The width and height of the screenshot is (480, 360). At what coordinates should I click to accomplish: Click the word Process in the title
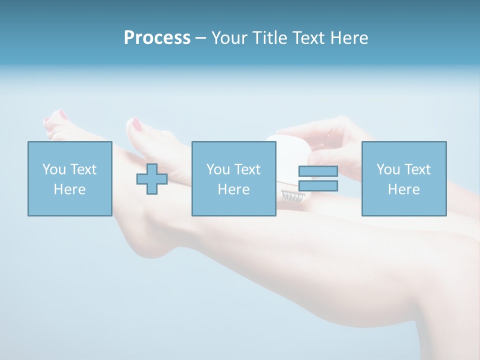pyautogui.click(x=157, y=38)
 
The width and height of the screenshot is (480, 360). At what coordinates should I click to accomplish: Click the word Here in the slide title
pyautogui.click(x=348, y=38)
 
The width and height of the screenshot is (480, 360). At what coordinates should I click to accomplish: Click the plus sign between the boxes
pyautogui.click(x=152, y=179)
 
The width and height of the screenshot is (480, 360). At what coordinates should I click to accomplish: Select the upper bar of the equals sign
pyautogui.click(x=318, y=171)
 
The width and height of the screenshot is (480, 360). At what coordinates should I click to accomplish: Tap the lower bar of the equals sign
pyautogui.click(x=318, y=186)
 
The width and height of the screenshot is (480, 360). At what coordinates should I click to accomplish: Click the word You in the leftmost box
pyautogui.click(x=54, y=169)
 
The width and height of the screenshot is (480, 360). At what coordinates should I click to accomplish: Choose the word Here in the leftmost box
pyautogui.click(x=69, y=189)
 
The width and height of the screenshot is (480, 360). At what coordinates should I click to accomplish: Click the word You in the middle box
pyautogui.click(x=218, y=169)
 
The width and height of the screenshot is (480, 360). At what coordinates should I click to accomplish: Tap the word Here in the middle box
pyautogui.click(x=233, y=189)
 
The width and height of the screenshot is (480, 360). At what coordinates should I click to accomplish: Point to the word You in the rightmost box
pyautogui.click(x=388, y=169)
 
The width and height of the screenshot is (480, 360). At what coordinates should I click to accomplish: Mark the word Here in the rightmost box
pyautogui.click(x=403, y=189)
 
